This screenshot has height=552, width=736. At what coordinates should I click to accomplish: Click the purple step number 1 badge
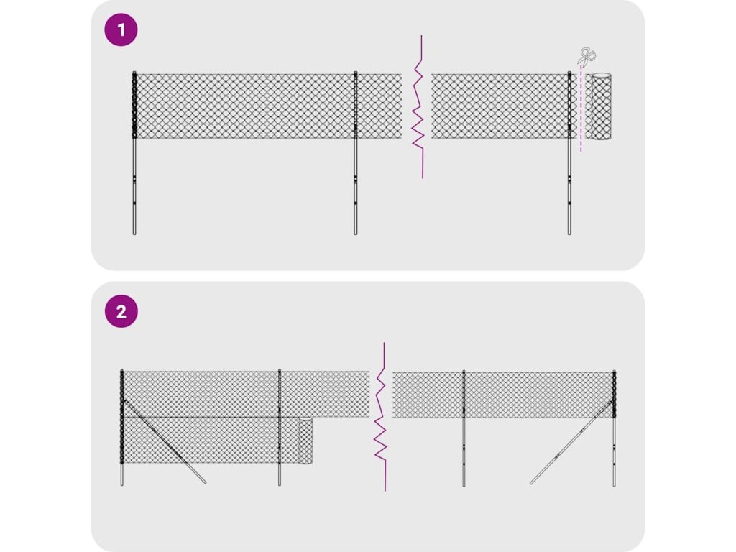pyautogui.click(x=121, y=30)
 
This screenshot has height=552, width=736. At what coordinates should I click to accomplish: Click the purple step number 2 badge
pyautogui.click(x=121, y=312)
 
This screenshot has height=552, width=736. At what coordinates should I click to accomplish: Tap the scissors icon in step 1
pyautogui.click(x=588, y=57)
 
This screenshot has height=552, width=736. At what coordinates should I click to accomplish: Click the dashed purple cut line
pyautogui.click(x=581, y=115)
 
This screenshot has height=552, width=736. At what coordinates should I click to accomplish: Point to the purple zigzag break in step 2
pyautogui.click(x=382, y=417)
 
